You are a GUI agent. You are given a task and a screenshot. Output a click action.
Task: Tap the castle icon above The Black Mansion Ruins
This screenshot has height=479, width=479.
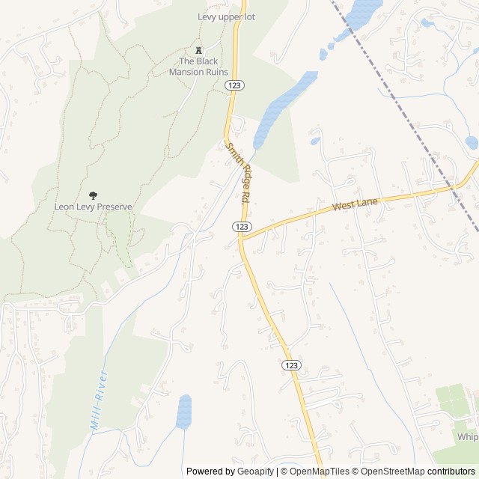[198, 48]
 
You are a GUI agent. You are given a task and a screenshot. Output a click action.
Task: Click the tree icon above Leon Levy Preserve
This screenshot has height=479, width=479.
[93, 195]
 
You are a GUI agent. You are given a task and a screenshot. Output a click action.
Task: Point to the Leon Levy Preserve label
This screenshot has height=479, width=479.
[93, 207]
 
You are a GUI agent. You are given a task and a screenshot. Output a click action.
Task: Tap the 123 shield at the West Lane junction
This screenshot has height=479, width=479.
[241, 226]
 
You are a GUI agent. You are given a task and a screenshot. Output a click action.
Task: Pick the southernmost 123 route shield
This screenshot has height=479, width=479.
[292, 364]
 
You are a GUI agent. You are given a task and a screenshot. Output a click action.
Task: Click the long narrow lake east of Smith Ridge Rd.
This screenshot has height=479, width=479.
[281, 109]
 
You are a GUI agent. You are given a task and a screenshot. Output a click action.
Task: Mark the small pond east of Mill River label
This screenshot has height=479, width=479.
[184, 412]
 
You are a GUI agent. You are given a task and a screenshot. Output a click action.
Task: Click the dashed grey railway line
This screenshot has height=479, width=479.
[404, 112]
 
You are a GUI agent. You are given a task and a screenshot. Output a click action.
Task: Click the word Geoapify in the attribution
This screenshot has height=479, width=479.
[255, 472]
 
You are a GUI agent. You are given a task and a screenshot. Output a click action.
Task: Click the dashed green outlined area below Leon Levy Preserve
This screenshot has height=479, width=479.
[120, 236]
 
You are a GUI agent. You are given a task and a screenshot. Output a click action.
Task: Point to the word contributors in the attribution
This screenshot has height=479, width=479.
[451, 472]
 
